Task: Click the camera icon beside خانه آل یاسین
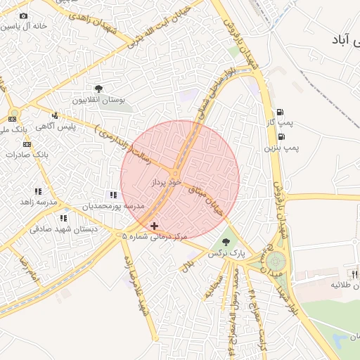coord(23,15)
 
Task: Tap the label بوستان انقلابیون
coord(98,101)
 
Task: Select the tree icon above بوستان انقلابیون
coord(98,89)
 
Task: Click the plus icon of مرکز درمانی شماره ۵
coord(155,226)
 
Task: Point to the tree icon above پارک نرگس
coord(225,243)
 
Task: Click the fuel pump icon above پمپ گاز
coord(281,112)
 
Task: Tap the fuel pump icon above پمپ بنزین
coord(282,136)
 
